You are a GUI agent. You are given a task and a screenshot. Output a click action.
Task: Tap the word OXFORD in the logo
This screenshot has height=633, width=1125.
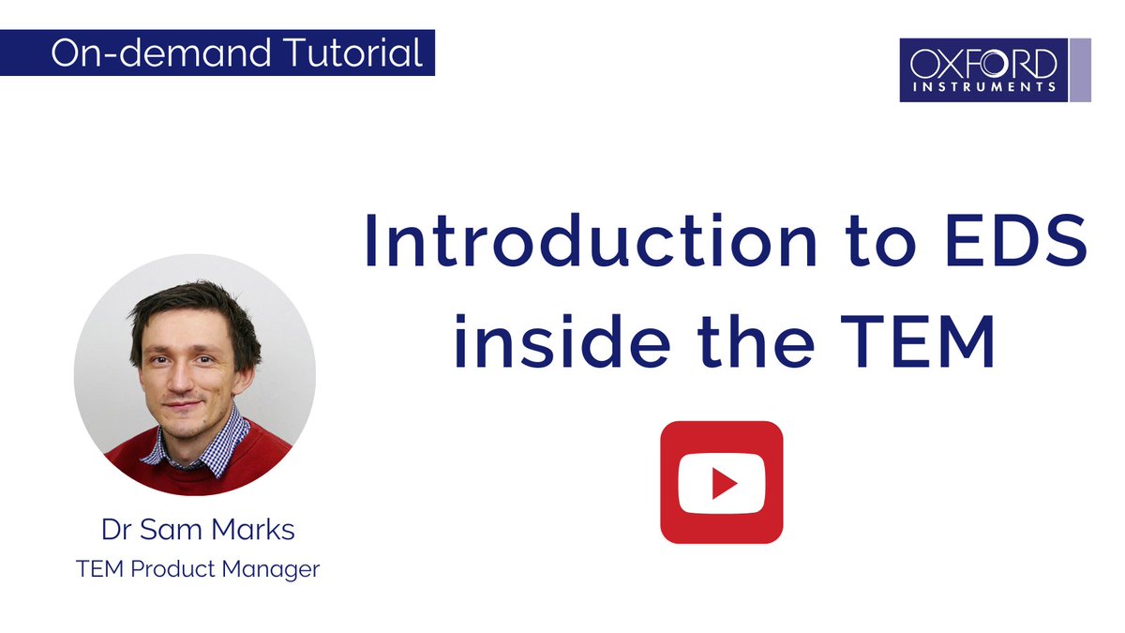pyautogui.click(x=982, y=64)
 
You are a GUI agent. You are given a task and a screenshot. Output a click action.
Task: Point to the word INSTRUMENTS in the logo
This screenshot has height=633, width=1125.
pyautogui.click(x=982, y=87)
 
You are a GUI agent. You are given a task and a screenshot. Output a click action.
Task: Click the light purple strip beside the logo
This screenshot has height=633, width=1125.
pyautogui.click(x=1080, y=69)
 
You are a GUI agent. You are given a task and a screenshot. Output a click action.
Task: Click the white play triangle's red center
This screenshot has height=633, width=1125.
pyautogui.click(x=722, y=482)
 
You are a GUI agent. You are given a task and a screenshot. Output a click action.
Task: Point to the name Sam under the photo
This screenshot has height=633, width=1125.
pyautogui.click(x=173, y=530)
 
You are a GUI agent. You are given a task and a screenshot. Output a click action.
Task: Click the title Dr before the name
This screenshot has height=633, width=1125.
pyautogui.click(x=117, y=530)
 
